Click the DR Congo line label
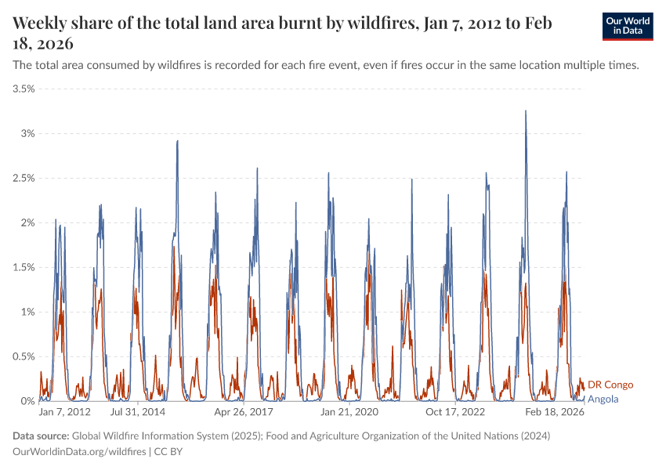pyautogui.click(x=610, y=385)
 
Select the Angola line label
pyautogui.click(x=603, y=399)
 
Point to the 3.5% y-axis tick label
pyautogui.click(x=23, y=89)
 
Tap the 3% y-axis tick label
pyautogui.click(x=27, y=133)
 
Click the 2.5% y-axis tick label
pyautogui.click(x=23, y=178)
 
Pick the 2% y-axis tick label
pyautogui.click(x=27, y=222)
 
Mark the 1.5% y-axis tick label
pyautogui.click(x=23, y=267)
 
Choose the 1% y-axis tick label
pyautogui.click(x=27, y=312)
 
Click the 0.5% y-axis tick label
pyautogui.click(x=23, y=356)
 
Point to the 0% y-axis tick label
pyautogui.click(x=27, y=401)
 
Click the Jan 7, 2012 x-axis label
pyautogui.click(x=65, y=411)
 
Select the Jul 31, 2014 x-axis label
pyautogui.click(x=137, y=411)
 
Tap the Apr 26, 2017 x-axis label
pyautogui.click(x=244, y=411)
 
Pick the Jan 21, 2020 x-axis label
pyautogui.click(x=349, y=411)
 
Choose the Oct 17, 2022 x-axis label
pyautogui.click(x=455, y=411)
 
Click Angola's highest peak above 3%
pyautogui.click(x=526, y=111)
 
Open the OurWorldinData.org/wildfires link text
pyautogui.click(x=80, y=452)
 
